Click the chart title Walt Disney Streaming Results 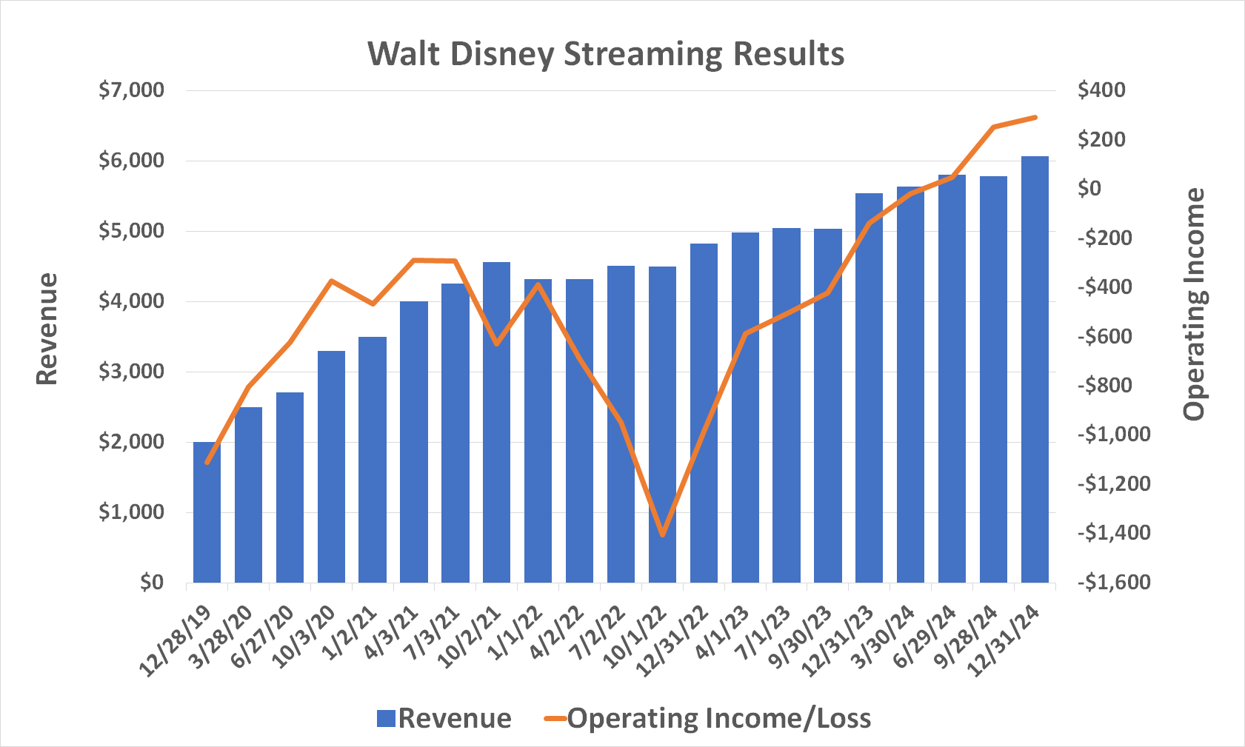pos(606,54)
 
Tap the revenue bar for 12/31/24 pos(1035,370)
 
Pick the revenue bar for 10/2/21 pos(496,422)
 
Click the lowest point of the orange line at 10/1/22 pos(662,535)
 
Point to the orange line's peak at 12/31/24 pos(1035,117)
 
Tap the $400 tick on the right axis pos(1101,90)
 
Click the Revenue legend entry pos(444,718)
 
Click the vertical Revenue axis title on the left pos(47,329)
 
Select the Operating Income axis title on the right pos(1194,304)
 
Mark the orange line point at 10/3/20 pos(331,281)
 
